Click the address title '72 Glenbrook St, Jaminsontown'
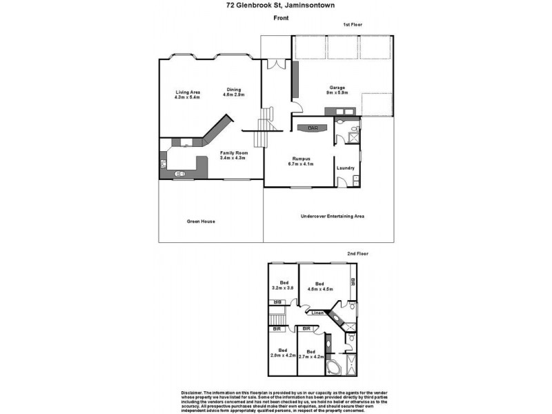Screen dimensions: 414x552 [276, 6]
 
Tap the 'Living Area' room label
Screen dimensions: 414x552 [187, 92]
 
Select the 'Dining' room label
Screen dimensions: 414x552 [235, 89]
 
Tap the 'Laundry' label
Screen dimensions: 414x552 [345, 168]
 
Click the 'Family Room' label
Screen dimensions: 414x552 [233, 152]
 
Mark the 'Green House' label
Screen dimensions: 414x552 [201, 221]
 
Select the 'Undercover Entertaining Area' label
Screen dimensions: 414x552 [333, 217]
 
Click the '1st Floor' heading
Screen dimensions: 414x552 [353, 25]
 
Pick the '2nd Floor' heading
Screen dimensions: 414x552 [357, 254]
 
